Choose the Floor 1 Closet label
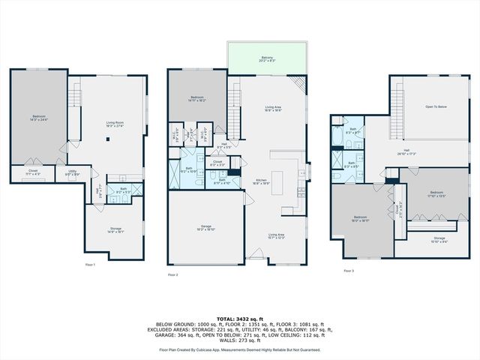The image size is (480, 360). [33, 172]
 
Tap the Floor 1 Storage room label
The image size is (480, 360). [115, 230]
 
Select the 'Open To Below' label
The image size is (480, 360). [436, 107]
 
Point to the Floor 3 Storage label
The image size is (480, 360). [439, 239]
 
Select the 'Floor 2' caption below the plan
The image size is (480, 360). [173, 275]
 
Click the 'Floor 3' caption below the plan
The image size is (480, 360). [348, 271]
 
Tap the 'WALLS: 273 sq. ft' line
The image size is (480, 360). [240, 341]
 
